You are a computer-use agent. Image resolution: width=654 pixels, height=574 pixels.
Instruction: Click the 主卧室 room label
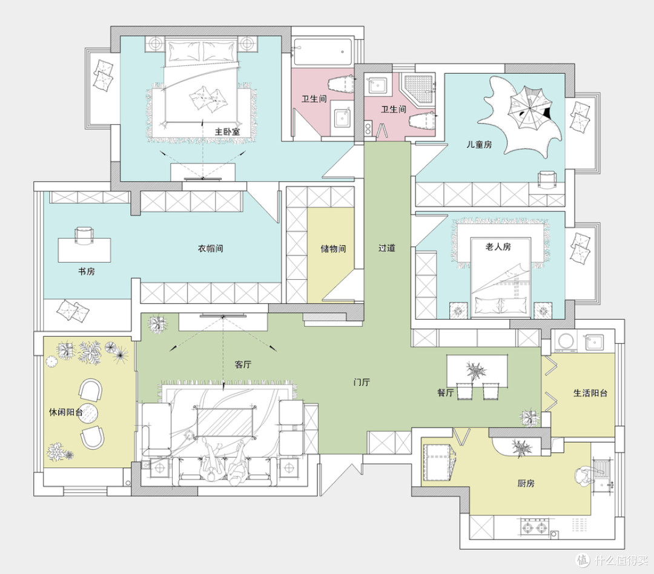227,132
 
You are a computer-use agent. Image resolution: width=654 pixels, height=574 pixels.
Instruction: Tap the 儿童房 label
479,145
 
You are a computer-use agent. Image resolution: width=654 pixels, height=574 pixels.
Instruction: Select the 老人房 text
498,247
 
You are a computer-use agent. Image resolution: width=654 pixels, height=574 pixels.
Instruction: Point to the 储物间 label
333,249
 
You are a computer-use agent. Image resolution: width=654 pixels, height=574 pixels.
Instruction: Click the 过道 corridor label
386,248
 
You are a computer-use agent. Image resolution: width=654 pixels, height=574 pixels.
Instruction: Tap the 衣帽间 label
210,249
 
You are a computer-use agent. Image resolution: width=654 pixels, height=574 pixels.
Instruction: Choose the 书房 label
87,272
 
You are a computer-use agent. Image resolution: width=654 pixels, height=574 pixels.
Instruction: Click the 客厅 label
243,365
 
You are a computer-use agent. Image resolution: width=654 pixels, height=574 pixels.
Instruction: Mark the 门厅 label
362,382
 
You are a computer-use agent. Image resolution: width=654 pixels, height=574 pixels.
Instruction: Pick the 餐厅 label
446,392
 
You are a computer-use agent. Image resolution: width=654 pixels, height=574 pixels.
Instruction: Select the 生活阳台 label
590,393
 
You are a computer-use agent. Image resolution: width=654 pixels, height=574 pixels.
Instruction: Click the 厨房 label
526,483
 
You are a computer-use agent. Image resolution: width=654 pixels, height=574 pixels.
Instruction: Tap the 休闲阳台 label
66,412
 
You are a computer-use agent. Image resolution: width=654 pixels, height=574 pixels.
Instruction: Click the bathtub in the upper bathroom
323,52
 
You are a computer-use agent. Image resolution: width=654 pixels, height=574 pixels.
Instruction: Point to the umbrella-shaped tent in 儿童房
529,107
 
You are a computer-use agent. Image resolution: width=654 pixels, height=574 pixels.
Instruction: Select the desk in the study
84,250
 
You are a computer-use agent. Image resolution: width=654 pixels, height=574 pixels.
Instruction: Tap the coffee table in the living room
225,422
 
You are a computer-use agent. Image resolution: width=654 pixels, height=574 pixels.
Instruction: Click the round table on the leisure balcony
88,414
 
